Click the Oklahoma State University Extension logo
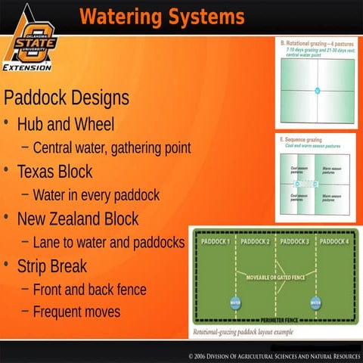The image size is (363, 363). [28, 38]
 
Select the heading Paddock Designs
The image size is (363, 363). [67, 98]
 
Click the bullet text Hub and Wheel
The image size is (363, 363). [66, 124]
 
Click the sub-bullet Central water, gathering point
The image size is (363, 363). [111, 147]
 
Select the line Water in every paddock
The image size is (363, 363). [96, 195]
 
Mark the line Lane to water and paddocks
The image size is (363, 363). [109, 243]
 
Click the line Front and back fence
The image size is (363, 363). [89, 290]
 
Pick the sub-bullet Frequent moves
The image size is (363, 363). [76, 311]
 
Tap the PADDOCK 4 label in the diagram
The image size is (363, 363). [334, 241]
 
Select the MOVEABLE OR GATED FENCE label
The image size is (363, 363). [276, 278]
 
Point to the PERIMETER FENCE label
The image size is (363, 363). [276, 321]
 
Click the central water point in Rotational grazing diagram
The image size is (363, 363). [318, 91]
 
